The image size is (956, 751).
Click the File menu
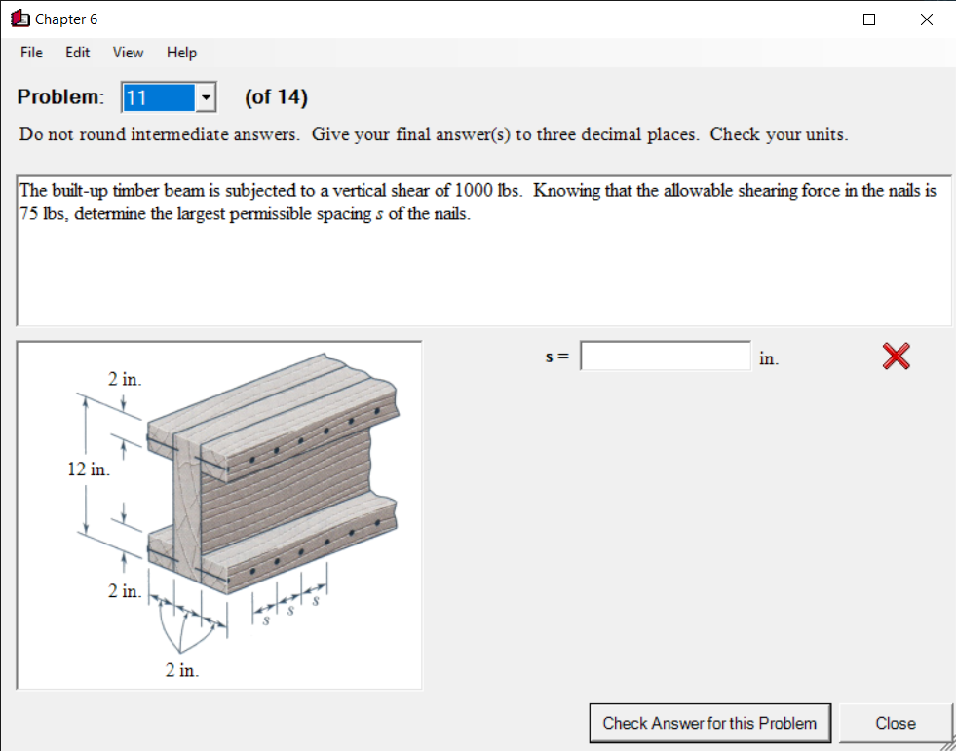[31, 53]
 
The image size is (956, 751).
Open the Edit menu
[78, 53]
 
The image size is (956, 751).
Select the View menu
[128, 53]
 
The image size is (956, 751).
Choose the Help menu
[181, 53]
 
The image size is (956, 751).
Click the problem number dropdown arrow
[206, 97]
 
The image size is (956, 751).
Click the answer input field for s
[666, 357]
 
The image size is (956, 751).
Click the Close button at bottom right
[895, 723]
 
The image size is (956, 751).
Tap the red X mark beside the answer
[896, 357]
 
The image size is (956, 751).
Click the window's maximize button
[869, 19]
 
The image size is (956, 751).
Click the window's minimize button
[812, 19]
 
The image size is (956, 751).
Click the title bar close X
[926, 19]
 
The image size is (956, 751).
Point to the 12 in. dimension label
[88, 470]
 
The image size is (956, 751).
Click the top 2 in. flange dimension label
[125, 379]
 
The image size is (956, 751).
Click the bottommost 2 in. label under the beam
[181, 670]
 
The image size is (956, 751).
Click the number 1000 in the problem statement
[473, 191]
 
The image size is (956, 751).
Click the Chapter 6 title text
[66, 19]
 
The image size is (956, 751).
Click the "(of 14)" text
[276, 97]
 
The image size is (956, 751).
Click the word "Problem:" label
[60, 97]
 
